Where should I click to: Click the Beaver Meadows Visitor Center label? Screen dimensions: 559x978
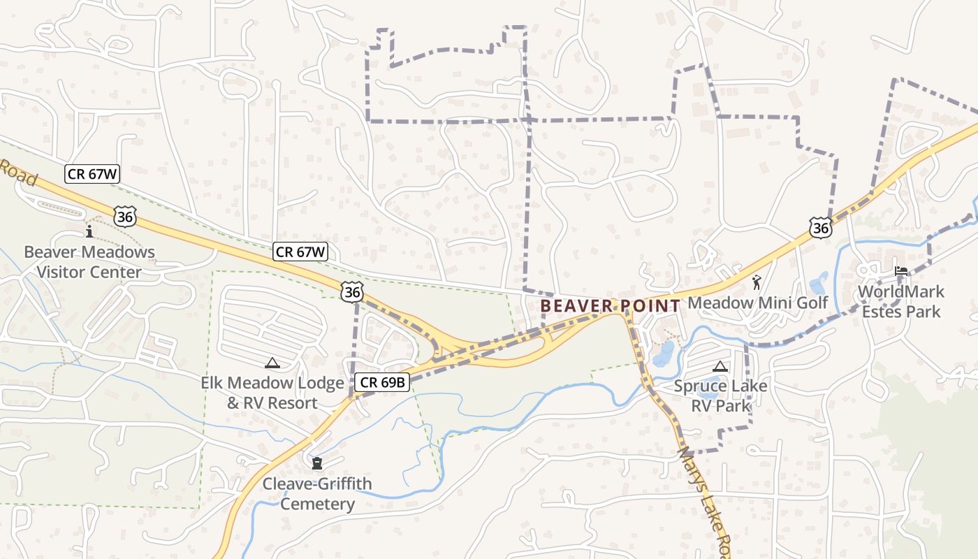pos(89,261)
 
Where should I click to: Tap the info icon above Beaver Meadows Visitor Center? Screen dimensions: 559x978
pos(89,231)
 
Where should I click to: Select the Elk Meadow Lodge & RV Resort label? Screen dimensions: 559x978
pos(272,393)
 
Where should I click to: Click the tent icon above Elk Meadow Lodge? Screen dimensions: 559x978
pos(272,363)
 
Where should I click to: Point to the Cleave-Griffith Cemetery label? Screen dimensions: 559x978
pos(317,493)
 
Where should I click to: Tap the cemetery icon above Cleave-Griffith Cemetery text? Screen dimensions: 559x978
pos(317,463)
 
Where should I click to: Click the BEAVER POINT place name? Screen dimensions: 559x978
pos(610,306)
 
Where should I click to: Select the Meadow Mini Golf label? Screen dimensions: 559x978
pos(758,303)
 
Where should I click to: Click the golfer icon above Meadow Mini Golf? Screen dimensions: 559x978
pos(757,283)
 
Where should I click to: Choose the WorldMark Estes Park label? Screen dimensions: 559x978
pos(901,301)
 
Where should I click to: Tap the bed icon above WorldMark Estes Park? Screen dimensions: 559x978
pos(901,271)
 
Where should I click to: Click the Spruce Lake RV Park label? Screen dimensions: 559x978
pos(720,395)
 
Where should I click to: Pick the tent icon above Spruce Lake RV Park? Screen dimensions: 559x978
pos(720,365)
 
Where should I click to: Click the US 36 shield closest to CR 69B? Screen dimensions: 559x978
pos(352,292)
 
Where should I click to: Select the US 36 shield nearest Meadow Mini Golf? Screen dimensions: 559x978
pos(821,227)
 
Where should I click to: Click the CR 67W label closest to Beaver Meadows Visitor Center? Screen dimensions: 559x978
pos(92,174)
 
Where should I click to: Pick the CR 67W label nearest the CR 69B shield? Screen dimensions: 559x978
pos(301,252)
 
